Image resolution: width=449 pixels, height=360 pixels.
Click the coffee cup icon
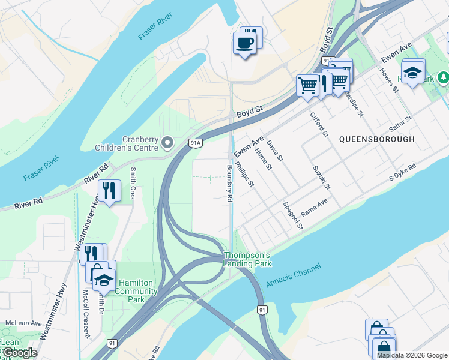point(244,43)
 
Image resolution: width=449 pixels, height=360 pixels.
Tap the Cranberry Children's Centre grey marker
point(167,143)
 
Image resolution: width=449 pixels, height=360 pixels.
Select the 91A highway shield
point(195,143)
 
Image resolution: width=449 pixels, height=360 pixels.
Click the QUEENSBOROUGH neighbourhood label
point(376,139)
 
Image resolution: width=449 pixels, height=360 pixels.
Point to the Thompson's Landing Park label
point(247,259)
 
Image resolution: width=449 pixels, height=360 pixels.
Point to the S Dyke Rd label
point(402,172)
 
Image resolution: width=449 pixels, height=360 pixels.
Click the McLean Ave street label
point(23,323)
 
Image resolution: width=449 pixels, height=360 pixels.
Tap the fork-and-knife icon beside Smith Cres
point(109,191)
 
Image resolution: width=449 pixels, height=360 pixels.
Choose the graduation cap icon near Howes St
point(412,73)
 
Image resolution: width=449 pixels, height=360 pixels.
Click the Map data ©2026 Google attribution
point(411,355)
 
